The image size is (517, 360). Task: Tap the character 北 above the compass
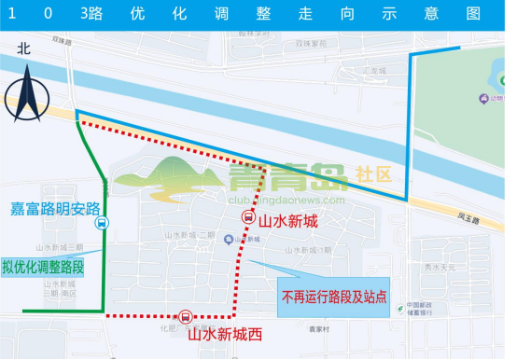[x=25, y=51]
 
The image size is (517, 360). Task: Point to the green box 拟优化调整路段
[x=43, y=265]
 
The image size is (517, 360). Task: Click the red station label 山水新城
[x=288, y=221]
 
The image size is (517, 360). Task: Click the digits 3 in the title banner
[x=90, y=15]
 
